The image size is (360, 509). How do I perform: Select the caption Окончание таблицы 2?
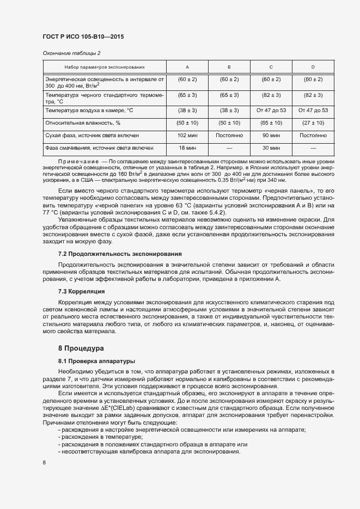(x=71, y=53)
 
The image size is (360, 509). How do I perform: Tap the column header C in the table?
(x=271, y=67)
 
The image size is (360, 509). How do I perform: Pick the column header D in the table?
(x=313, y=67)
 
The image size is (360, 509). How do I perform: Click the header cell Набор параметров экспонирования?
(x=104, y=67)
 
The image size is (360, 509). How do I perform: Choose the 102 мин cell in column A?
(x=187, y=134)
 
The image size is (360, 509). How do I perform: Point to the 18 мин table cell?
(x=187, y=148)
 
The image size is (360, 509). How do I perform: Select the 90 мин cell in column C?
(x=271, y=134)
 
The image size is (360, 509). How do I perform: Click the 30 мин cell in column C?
(x=271, y=148)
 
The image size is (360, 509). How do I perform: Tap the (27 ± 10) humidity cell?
(x=313, y=122)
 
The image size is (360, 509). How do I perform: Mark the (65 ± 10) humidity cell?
(x=271, y=122)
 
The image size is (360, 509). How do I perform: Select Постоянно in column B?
(x=229, y=134)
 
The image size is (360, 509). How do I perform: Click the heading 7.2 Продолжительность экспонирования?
(x=120, y=254)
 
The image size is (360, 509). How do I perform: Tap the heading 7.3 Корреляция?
(x=81, y=291)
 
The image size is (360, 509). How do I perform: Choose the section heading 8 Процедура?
(x=80, y=347)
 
